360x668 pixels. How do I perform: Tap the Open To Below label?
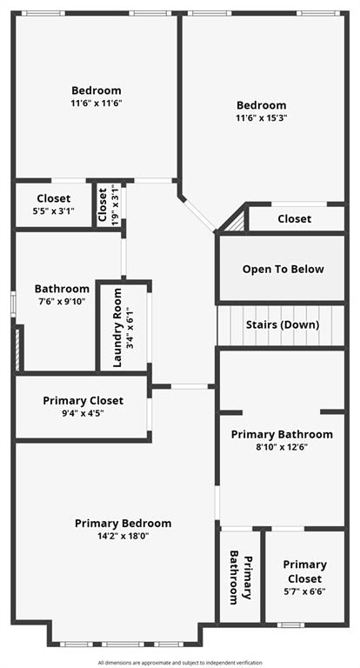click(283, 269)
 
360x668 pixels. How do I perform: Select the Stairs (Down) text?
click(282, 324)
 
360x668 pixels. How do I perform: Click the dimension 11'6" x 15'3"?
click(260, 118)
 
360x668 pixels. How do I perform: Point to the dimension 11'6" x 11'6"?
click(96, 103)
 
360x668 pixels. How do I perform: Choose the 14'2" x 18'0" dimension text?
click(123, 537)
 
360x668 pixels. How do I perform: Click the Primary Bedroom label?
click(123, 523)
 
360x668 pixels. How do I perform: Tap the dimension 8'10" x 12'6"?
click(281, 447)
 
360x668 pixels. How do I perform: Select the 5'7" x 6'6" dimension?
click(304, 591)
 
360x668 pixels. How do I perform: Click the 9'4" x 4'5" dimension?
click(95, 414)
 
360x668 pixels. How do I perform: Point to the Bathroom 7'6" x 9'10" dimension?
click(62, 302)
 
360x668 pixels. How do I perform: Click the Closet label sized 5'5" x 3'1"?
click(53, 198)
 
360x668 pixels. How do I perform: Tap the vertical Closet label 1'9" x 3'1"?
click(103, 205)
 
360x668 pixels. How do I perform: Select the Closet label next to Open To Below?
click(294, 218)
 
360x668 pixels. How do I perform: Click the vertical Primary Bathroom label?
click(241, 579)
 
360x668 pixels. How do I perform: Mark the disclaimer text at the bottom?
click(180, 662)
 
